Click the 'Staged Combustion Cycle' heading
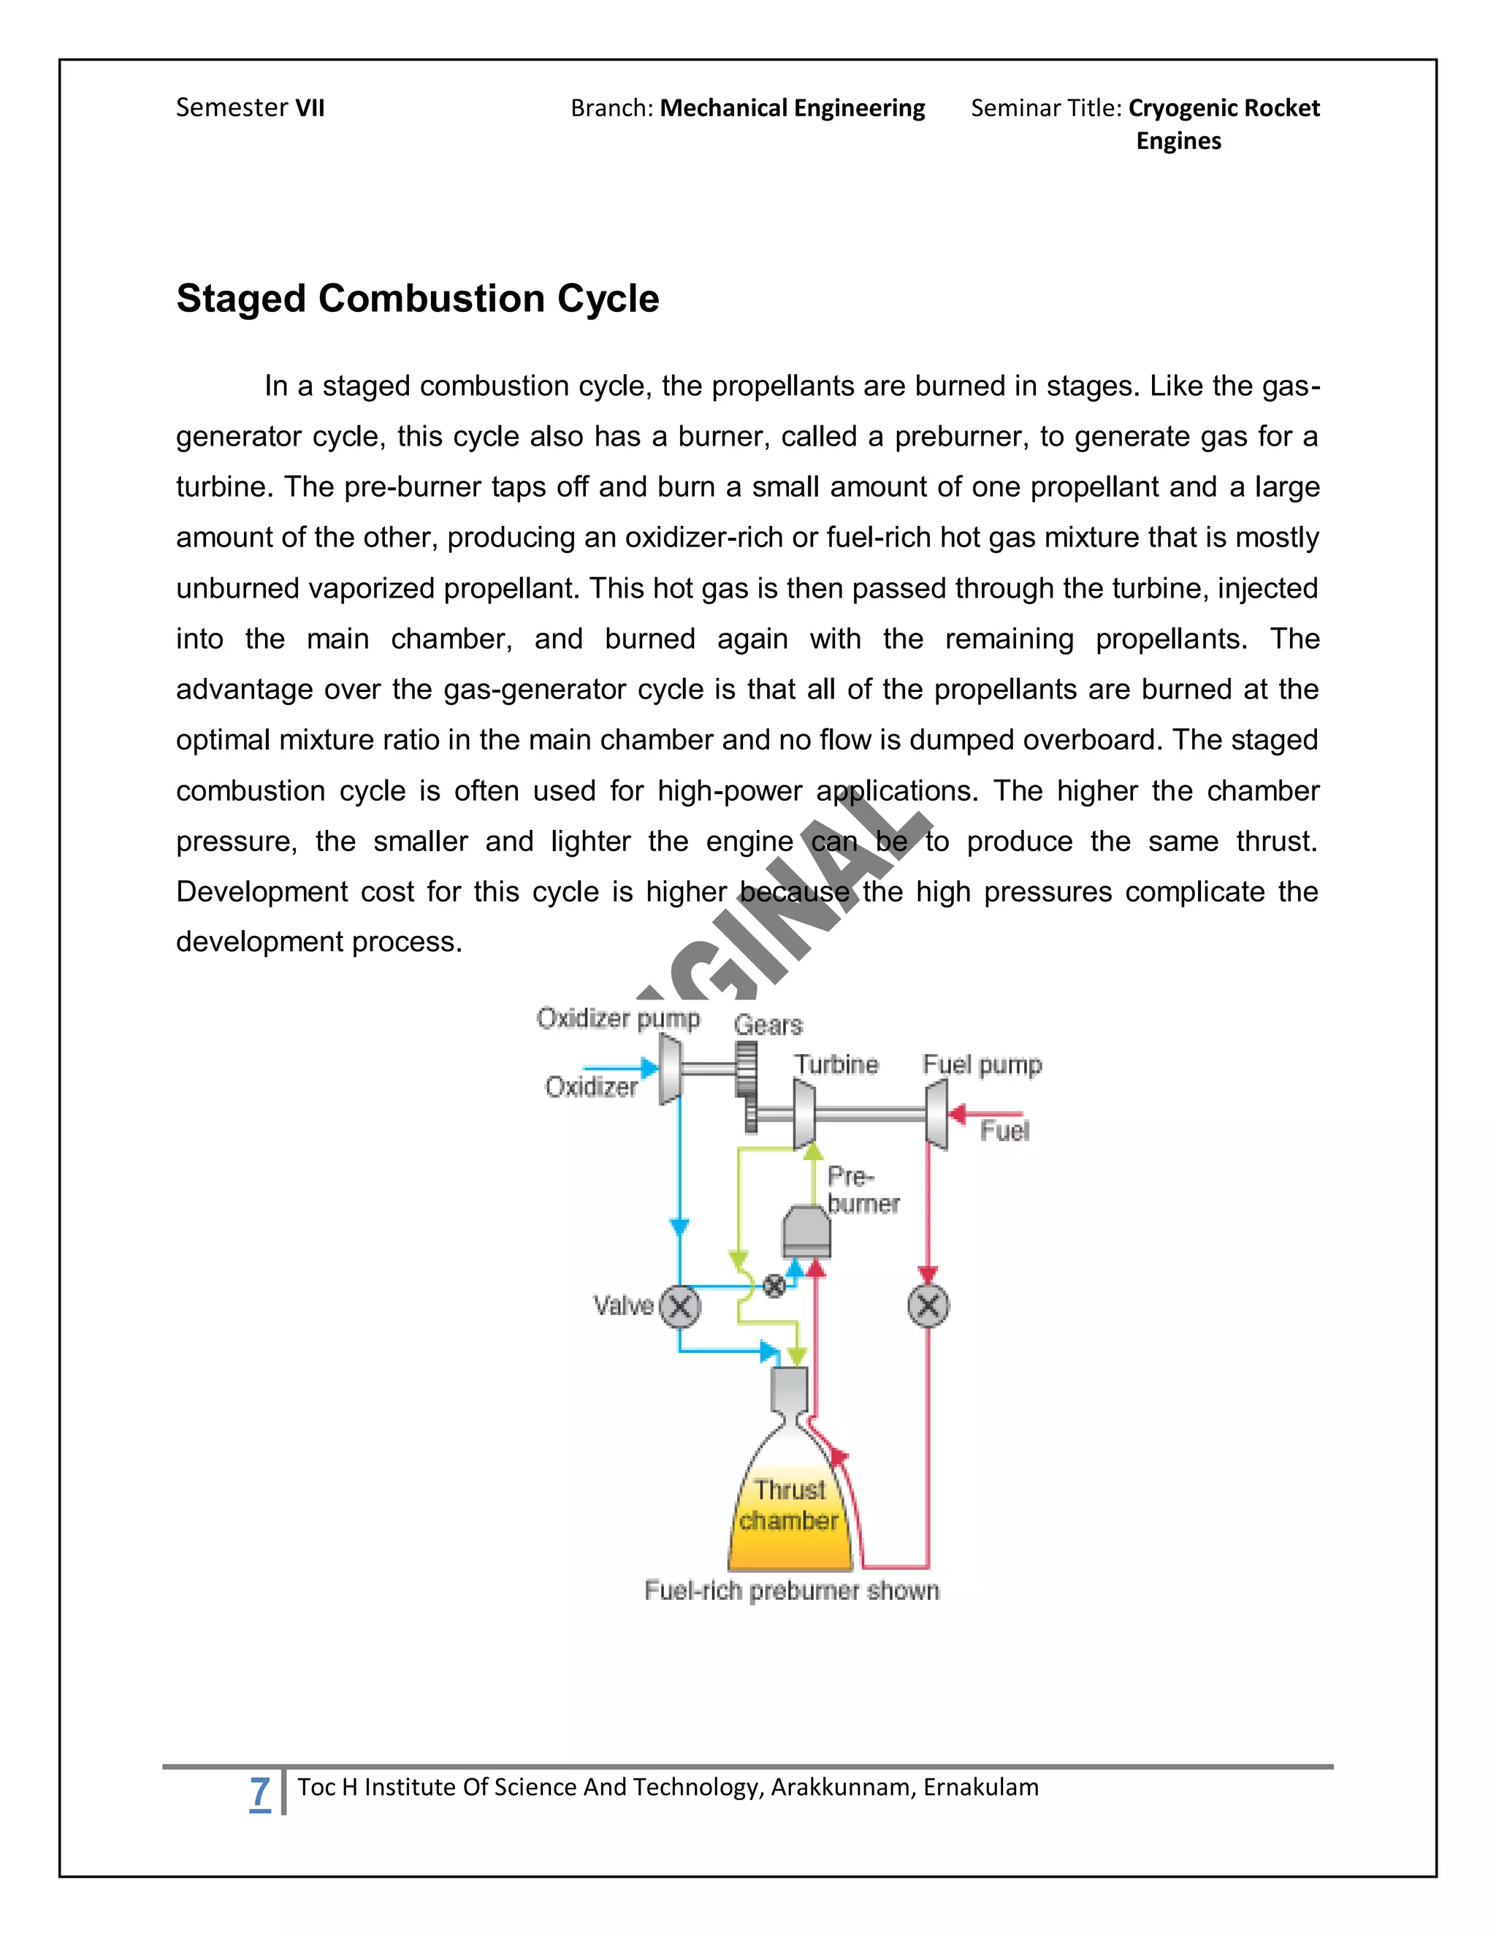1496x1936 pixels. pos(417,299)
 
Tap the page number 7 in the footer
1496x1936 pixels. pos(259,1791)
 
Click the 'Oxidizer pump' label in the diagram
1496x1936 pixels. pos(618,1018)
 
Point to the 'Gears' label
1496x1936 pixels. pos(768,1026)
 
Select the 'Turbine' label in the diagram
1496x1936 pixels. pos(836,1064)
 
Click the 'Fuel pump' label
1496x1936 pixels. pos(982,1064)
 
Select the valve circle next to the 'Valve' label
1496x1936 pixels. pos(680,1307)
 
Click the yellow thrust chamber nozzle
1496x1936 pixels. pos(790,1516)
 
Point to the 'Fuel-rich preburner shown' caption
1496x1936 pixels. pos(791,1590)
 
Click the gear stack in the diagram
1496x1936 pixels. pos(747,1085)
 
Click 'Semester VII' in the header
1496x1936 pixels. pos(250,108)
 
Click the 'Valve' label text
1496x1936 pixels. pos(623,1306)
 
